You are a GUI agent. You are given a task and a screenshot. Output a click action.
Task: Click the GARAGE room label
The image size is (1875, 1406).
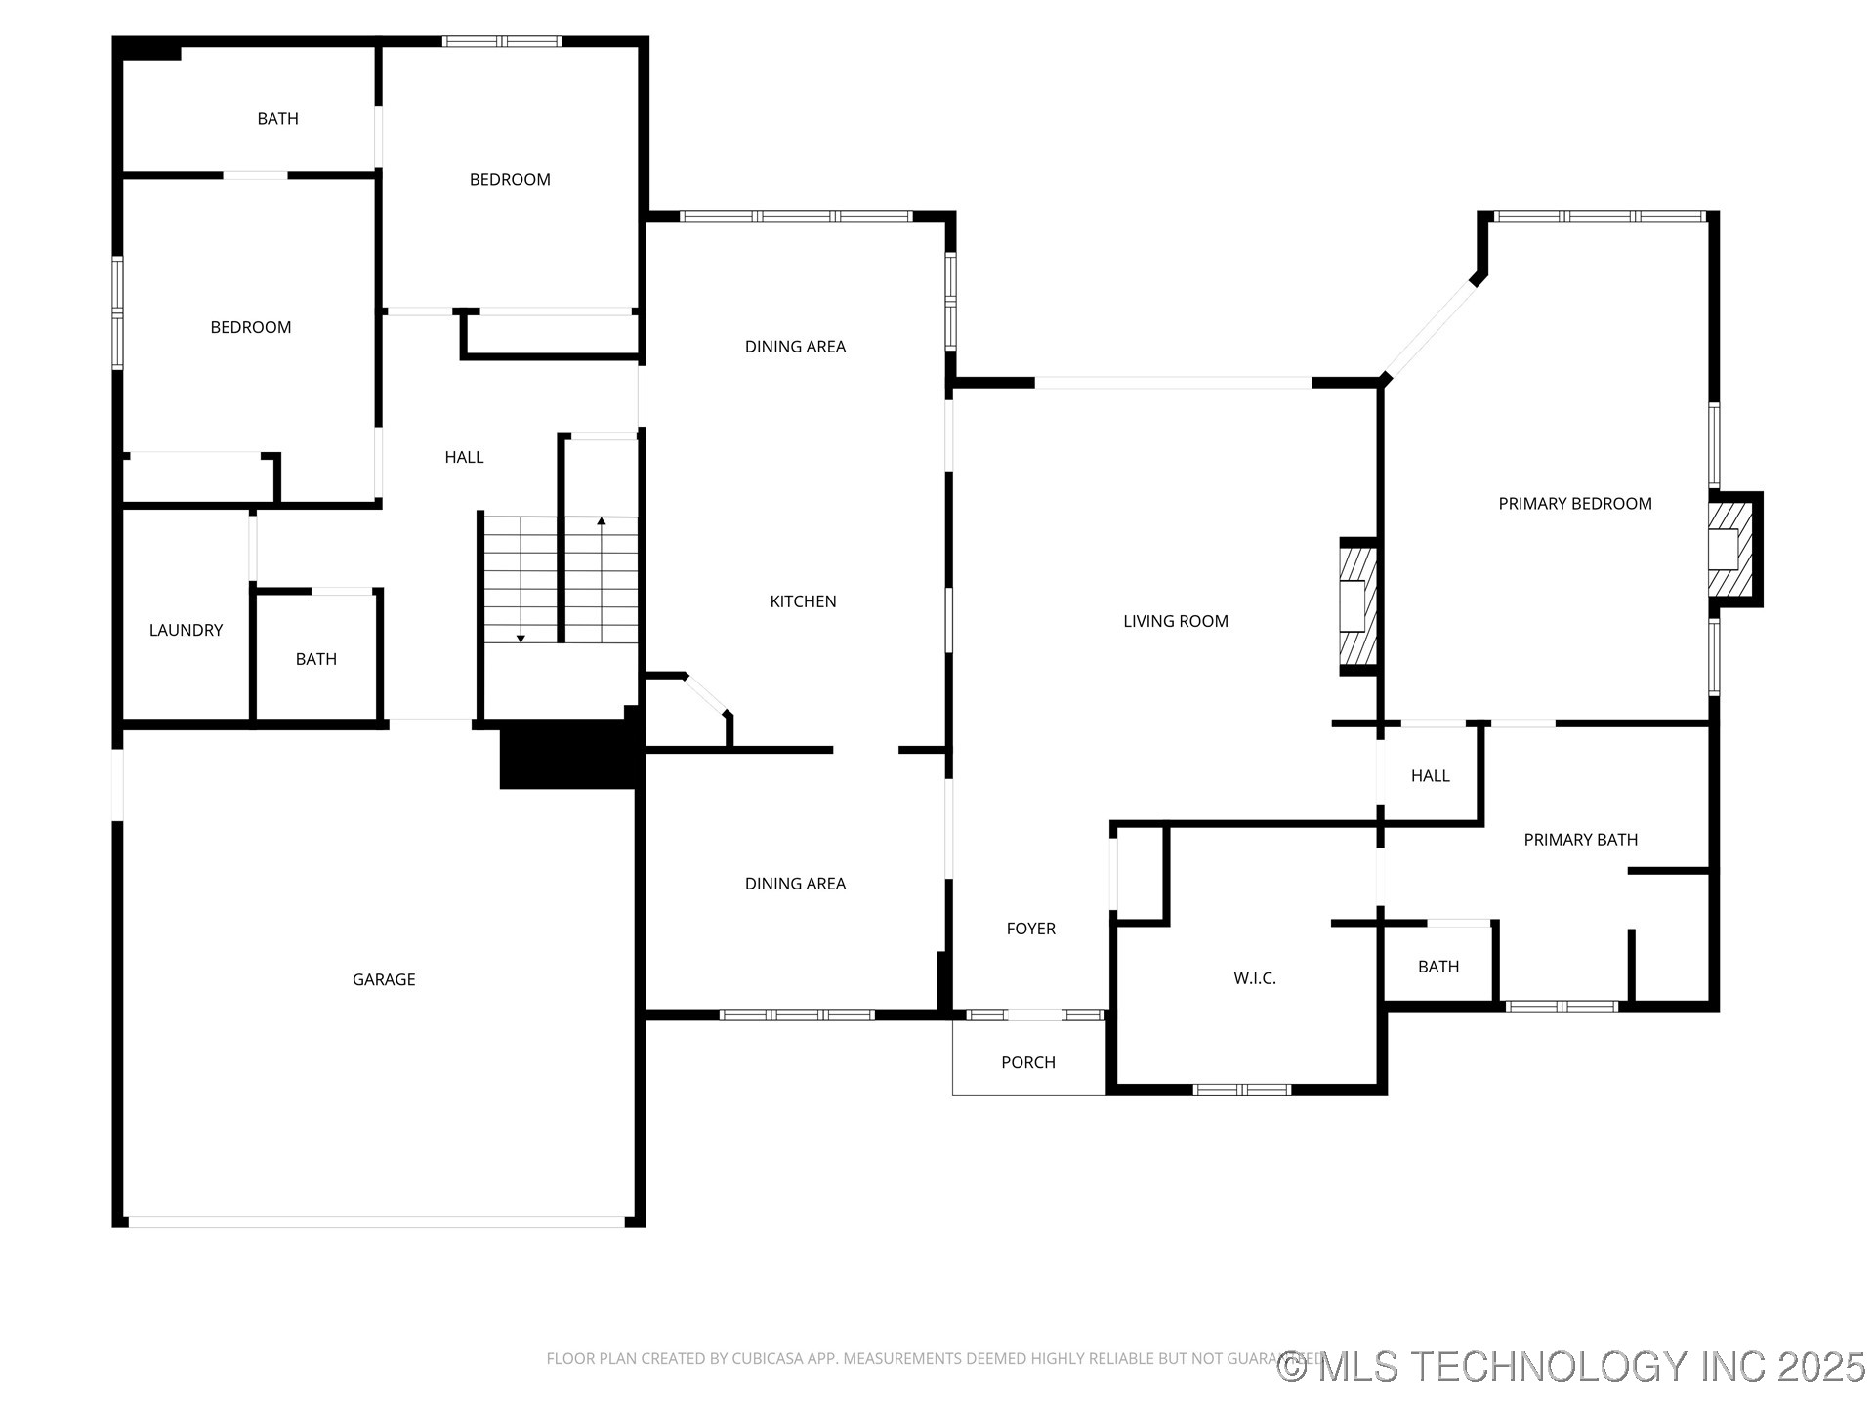pyautogui.click(x=384, y=979)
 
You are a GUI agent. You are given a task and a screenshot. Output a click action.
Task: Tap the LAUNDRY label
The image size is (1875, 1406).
pyautogui.click(x=186, y=630)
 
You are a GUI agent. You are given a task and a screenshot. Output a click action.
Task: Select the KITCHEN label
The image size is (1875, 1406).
pyautogui.click(x=803, y=601)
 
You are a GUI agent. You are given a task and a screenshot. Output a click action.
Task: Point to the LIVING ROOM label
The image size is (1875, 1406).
pyautogui.click(x=1175, y=621)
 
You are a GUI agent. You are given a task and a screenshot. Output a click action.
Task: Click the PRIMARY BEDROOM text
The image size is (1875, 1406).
pyautogui.click(x=1574, y=504)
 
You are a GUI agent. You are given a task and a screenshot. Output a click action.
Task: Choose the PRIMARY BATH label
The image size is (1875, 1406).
pyautogui.click(x=1580, y=840)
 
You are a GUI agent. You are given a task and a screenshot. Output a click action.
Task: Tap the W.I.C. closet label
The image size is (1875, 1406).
pyautogui.click(x=1254, y=978)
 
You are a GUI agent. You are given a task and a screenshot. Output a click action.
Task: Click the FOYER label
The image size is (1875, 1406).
pyautogui.click(x=1030, y=929)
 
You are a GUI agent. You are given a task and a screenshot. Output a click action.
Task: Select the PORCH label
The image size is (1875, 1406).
pyautogui.click(x=1027, y=1062)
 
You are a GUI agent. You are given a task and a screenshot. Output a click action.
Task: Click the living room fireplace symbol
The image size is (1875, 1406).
pyautogui.click(x=1356, y=606)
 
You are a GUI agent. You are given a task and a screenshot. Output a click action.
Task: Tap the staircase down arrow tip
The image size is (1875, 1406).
pyautogui.click(x=521, y=639)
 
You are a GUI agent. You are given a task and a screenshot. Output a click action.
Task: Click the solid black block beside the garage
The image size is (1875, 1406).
pyautogui.click(x=566, y=754)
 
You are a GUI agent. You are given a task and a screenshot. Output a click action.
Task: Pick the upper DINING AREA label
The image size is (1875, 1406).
pyautogui.click(x=795, y=347)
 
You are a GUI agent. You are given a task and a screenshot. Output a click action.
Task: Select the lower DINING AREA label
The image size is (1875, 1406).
pyautogui.click(x=795, y=884)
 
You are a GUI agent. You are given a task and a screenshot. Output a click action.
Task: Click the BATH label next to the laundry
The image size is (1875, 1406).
pyautogui.click(x=315, y=659)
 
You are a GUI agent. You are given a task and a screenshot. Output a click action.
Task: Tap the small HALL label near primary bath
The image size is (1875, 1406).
pyautogui.click(x=1430, y=776)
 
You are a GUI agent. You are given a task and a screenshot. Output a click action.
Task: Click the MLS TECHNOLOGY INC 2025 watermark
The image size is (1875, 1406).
pyautogui.click(x=1572, y=1366)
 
